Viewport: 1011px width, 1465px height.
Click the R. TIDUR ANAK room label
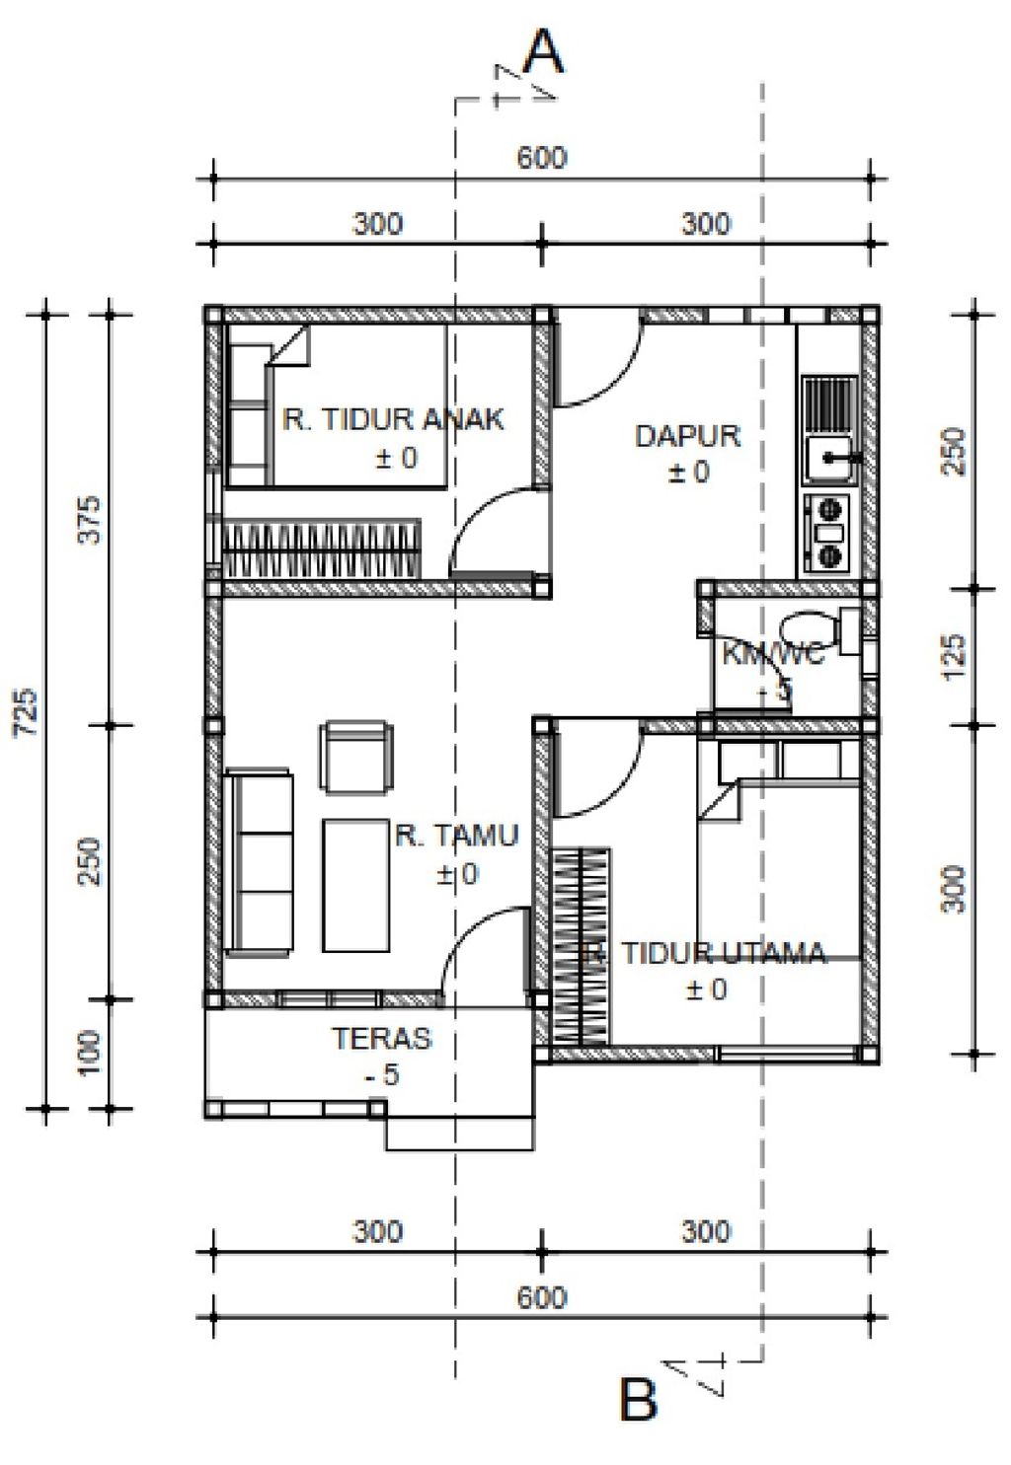pos(393,419)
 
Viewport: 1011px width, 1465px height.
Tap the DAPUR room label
pos(687,436)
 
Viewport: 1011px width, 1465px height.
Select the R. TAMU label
pos(456,837)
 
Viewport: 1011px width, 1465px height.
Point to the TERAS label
pos(381,1039)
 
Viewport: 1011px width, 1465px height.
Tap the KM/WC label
pos(772,654)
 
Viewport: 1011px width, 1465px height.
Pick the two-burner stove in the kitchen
pos(827,534)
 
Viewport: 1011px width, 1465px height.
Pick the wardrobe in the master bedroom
pos(580,944)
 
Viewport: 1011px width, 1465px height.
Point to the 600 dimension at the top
pos(542,158)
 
